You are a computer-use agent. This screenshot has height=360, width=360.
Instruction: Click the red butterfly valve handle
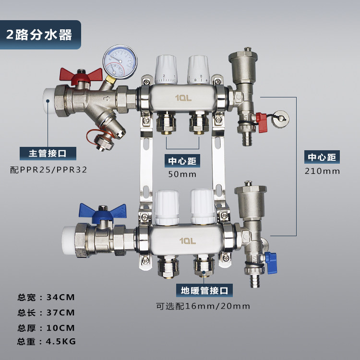coord(81,76)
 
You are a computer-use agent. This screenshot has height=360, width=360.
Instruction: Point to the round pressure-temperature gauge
coord(120,62)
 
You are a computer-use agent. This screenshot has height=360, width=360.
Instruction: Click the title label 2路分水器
coord(39,35)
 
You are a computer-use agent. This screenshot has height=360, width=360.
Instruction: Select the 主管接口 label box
coord(48,154)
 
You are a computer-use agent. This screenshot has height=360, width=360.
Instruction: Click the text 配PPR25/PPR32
coord(48,170)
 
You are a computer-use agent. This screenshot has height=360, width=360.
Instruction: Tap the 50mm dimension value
coord(182,174)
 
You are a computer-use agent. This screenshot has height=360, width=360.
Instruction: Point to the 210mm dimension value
coord(322,171)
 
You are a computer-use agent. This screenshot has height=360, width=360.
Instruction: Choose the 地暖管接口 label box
coord(204,290)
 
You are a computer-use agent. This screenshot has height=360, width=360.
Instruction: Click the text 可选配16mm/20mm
coord(203,306)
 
